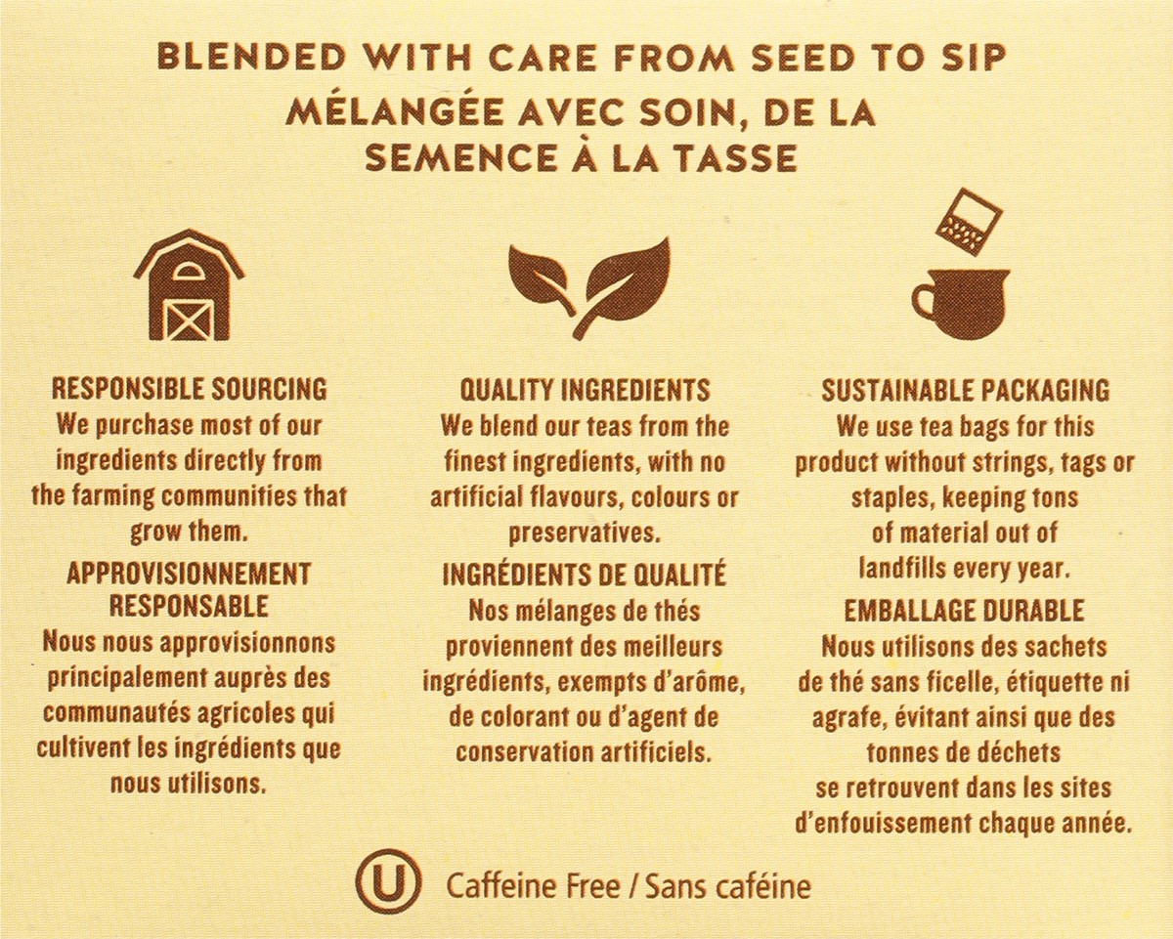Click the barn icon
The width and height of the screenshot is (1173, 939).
(189, 284)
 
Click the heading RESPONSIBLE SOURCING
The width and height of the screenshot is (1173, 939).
(189, 389)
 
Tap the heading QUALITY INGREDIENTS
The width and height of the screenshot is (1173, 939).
(585, 390)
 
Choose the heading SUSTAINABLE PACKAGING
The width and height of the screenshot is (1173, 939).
(965, 391)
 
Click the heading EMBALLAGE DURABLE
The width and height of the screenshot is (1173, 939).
(964, 611)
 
